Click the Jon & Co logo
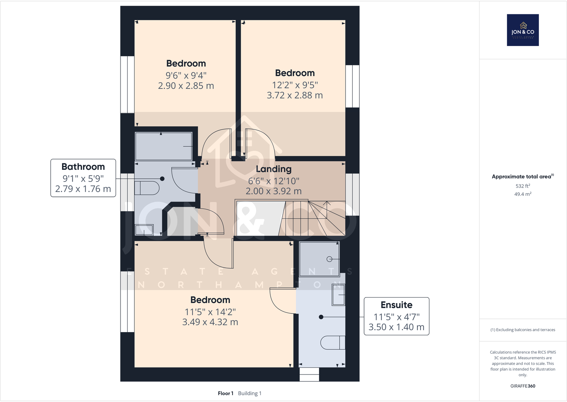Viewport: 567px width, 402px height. tap(523, 30)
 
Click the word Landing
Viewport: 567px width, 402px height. tap(274, 169)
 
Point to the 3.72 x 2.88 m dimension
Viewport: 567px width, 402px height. tap(295, 95)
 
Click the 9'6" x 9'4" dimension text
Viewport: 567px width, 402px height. tap(186, 76)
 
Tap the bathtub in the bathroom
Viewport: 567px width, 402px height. tap(164, 147)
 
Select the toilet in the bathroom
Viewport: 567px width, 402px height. tap(147, 188)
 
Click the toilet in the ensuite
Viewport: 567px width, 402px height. tap(333, 342)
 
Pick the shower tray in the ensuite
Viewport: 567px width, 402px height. tap(319, 259)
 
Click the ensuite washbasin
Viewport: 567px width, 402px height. tap(338, 295)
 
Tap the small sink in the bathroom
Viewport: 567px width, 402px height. tap(144, 230)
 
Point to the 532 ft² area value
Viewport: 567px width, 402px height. tap(523, 186)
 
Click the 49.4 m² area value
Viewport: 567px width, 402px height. tap(523, 194)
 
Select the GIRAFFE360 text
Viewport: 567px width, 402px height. tap(523, 386)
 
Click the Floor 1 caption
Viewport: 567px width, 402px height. tap(225, 393)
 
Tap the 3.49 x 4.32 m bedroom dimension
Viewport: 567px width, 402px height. tap(210, 322)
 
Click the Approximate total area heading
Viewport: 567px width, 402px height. tap(521, 177)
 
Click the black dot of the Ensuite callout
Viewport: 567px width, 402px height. tap(321, 317)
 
